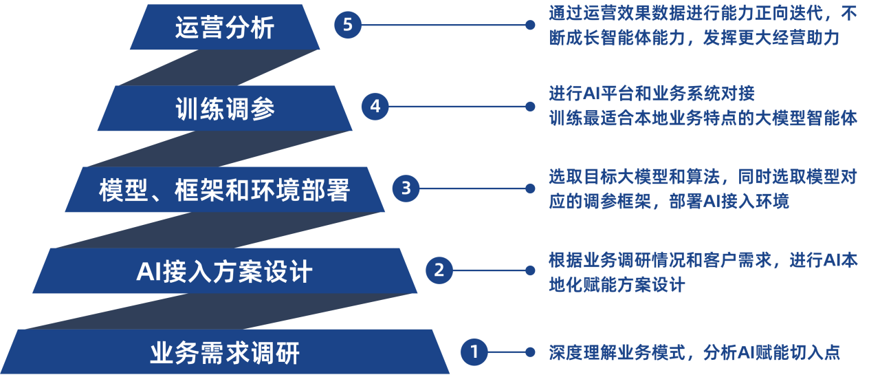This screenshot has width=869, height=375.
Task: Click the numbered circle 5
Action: click(348, 25)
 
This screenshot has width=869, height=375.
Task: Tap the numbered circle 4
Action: click(375, 107)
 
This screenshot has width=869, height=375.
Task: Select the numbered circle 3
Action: click(406, 189)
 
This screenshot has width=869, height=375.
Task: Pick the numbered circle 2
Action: click(439, 270)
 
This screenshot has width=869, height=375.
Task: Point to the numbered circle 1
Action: click(474, 352)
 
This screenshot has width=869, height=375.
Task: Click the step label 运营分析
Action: click(225, 28)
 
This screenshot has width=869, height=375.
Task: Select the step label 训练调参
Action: click(225, 109)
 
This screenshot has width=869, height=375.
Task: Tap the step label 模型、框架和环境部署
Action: click(225, 190)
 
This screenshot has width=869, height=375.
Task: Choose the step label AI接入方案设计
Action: click(224, 271)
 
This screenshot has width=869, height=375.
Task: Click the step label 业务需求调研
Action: click(225, 353)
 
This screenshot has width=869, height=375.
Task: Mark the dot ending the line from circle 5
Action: click(530, 25)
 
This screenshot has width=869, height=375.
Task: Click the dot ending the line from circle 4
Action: click(530, 107)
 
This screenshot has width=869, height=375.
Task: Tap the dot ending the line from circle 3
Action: click(530, 189)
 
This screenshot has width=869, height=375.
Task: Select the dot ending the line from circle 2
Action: click(530, 270)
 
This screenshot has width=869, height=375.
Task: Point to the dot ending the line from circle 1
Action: click(530, 352)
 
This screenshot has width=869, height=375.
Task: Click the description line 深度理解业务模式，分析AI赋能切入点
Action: click(694, 352)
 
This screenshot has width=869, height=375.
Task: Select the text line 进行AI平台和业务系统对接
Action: click(652, 94)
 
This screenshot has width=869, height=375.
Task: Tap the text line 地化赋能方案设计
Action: click(617, 285)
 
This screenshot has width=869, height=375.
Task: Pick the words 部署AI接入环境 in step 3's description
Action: click(729, 202)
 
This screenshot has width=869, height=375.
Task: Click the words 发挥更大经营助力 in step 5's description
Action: click(771, 38)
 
